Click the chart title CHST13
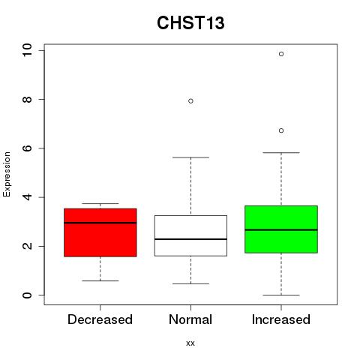point(190,23)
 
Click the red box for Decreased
point(100,232)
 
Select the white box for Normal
point(190,235)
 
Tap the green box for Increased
point(281,229)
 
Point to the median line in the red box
point(100,223)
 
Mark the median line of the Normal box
point(190,239)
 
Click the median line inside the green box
point(281,229)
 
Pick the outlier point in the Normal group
point(190,101)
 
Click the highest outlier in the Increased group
point(281,54)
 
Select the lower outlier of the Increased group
point(281,130)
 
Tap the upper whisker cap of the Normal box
point(190,157)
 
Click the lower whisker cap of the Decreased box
point(100,280)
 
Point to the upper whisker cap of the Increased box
point(281,152)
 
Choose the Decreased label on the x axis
point(100,319)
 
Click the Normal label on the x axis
point(190,319)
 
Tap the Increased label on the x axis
point(281,319)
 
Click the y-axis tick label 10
point(28,50)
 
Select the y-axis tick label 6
point(28,148)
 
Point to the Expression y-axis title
point(7,174)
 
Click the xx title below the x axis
point(190,343)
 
